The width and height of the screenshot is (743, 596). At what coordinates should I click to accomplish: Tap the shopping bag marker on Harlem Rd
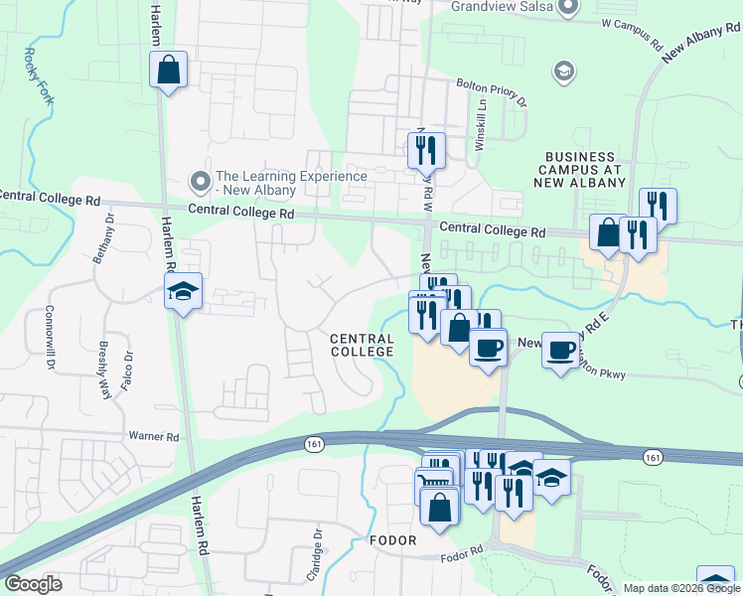point(168,71)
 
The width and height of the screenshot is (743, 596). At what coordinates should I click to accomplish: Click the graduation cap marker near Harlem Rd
point(183,291)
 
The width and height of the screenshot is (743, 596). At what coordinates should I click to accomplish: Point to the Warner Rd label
point(153,436)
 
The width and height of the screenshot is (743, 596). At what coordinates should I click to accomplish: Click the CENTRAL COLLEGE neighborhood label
point(363,346)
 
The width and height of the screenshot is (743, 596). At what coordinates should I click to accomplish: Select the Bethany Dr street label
point(104,237)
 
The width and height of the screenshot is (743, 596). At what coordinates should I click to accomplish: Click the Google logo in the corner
point(33,584)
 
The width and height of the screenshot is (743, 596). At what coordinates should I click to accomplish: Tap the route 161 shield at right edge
point(652,456)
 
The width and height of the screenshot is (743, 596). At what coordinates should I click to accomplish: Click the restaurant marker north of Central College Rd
point(426,150)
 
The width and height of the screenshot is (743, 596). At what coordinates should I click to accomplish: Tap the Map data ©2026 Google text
point(680,588)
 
